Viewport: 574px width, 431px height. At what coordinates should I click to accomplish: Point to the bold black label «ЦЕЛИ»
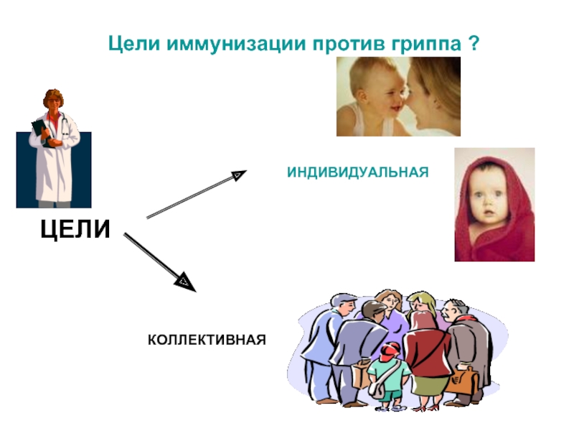tap(76, 229)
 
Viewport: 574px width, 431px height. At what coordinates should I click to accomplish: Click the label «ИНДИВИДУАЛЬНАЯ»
tap(357, 172)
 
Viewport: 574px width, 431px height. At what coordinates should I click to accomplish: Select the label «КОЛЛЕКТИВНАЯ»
tap(207, 338)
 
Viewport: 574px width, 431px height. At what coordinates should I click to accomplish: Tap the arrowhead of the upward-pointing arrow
tap(238, 174)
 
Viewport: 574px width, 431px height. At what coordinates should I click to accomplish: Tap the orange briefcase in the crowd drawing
tap(463, 381)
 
